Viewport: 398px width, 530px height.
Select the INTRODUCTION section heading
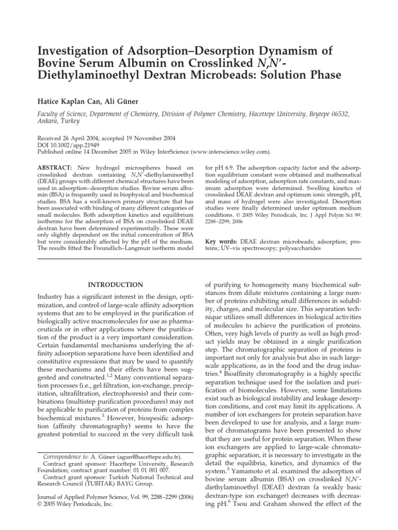click(115, 285)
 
